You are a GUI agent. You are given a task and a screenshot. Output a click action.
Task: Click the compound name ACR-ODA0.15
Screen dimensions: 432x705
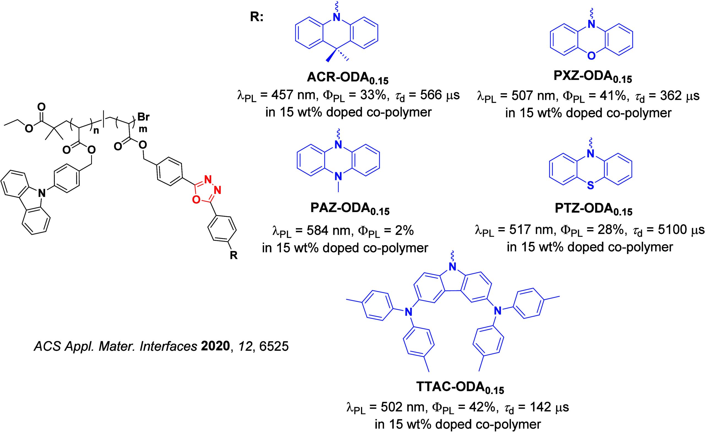point(347,78)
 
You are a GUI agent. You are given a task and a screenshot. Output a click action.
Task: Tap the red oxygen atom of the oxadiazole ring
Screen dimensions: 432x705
point(196,199)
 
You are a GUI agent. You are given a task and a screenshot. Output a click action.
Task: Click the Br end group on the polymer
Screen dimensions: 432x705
point(144,117)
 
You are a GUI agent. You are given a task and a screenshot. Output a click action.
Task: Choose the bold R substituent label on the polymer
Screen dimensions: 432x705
point(234,255)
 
